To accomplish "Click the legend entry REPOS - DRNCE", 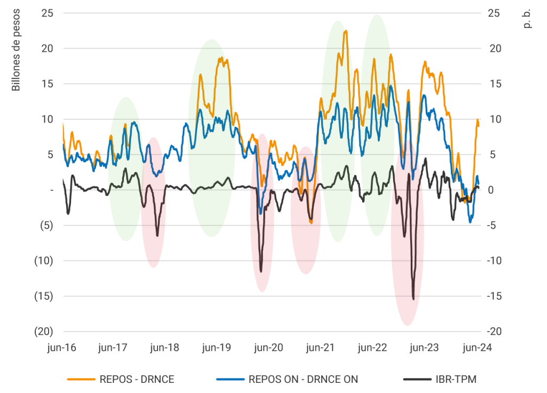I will (x=137, y=380).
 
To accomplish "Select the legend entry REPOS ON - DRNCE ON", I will (x=303, y=380).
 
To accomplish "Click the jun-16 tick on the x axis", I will (x=61, y=348).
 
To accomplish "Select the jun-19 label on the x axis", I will (x=216, y=348).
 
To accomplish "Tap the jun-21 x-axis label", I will (x=320, y=348).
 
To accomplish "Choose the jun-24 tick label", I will (x=476, y=348).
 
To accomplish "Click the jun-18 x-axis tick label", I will (x=165, y=348).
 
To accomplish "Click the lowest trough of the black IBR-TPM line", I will (x=413, y=299).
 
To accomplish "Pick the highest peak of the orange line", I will (x=346, y=31).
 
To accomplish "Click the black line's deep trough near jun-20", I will (x=261, y=271).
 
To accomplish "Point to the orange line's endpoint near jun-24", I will (x=479, y=126).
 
